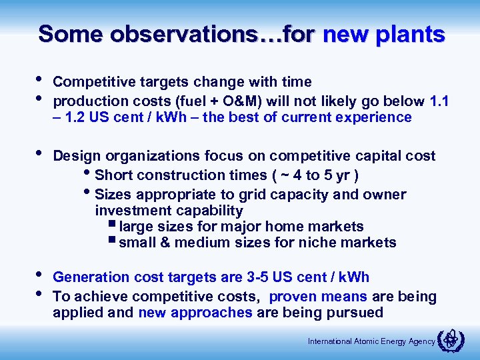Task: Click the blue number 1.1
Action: [439, 101]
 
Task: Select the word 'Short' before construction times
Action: [114, 175]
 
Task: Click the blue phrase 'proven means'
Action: [317, 297]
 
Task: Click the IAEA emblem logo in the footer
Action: [449, 341]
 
